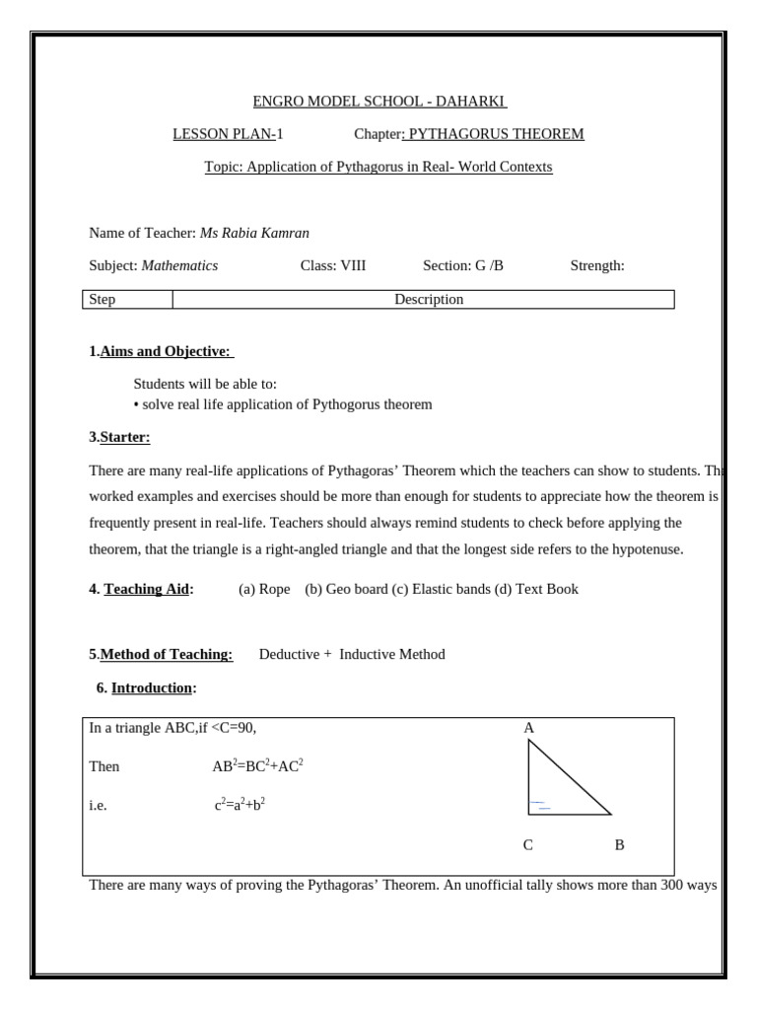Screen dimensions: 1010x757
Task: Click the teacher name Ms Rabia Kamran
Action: click(255, 233)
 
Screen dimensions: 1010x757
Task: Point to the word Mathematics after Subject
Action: click(180, 266)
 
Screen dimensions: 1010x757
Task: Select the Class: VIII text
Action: click(332, 266)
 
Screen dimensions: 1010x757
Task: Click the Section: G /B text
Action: click(462, 266)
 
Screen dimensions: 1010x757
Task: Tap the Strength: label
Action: click(597, 266)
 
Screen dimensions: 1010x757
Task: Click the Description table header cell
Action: click(429, 300)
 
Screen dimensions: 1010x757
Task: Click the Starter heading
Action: click(125, 437)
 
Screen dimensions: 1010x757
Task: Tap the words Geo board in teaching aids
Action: click(345, 590)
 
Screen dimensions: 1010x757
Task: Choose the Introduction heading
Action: click(153, 687)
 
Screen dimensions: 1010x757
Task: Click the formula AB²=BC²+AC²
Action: click(250, 766)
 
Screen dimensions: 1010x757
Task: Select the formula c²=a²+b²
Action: click(241, 805)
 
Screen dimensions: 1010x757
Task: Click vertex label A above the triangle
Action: click(528, 728)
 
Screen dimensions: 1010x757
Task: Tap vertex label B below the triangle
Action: click(619, 845)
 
